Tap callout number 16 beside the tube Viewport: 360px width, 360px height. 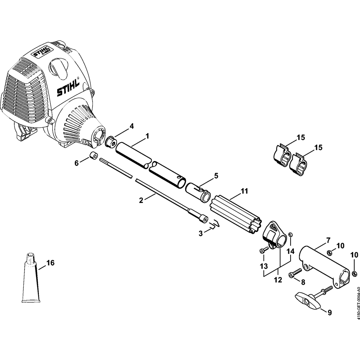50,263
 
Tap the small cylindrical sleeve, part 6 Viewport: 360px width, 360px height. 94,157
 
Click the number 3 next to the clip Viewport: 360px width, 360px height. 201,233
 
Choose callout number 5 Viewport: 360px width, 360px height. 216,176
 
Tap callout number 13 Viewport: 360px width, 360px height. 264,266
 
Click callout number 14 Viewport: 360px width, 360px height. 291,251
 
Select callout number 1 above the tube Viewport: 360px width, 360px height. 147,136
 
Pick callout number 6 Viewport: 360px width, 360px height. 76,163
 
